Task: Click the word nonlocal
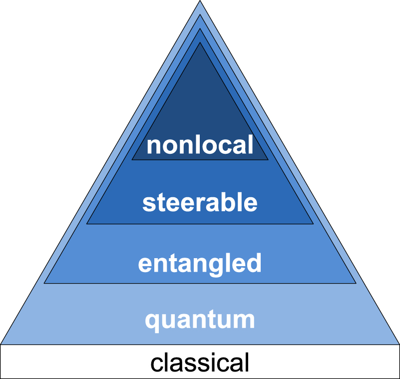(x=200, y=145)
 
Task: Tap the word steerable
(x=200, y=203)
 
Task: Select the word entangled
(x=200, y=263)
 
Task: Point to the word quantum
(x=200, y=320)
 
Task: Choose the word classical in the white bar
(x=200, y=363)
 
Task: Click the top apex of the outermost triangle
(x=200, y=1)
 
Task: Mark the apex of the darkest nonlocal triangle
(x=200, y=43)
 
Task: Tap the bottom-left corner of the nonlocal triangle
(x=132, y=160)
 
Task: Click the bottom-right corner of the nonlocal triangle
(x=268, y=160)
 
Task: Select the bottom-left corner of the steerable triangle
(x=87, y=223)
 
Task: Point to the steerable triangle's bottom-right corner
(x=313, y=223)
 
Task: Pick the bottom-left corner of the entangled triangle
(x=44, y=283)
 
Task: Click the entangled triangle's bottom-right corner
(x=356, y=283)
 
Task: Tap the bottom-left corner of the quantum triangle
(x=1, y=344)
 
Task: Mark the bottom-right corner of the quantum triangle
(x=399, y=344)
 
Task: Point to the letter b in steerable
(x=226, y=202)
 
